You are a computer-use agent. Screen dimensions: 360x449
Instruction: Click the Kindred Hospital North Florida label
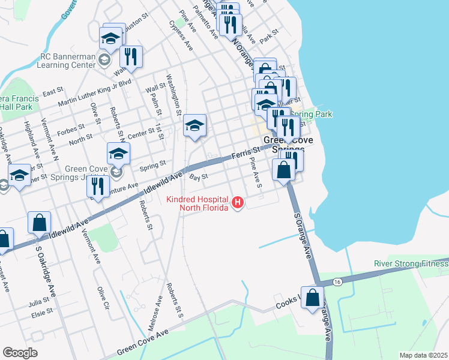(x=203, y=203)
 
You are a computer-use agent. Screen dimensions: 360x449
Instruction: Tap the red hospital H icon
(x=238, y=203)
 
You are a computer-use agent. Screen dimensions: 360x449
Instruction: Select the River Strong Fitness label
(x=411, y=263)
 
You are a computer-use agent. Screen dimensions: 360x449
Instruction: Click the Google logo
(x=20, y=353)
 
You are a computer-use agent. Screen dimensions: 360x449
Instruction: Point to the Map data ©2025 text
(x=423, y=355)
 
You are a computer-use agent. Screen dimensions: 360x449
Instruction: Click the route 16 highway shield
(x=337, y=281)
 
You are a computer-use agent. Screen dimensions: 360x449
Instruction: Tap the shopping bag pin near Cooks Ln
(x=313, y=298)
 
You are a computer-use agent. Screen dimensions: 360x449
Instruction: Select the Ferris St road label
(x=247, y=153)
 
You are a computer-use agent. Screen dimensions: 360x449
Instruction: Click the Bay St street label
(x=198, y=177)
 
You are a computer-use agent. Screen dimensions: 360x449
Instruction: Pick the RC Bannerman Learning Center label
(x=67, y=61)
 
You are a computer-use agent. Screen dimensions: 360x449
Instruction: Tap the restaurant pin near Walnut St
(x=130, y=57)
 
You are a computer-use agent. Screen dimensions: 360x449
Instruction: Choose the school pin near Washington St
(x=194, y=126)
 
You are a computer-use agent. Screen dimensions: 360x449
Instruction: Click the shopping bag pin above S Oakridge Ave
(x=39, y=223)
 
